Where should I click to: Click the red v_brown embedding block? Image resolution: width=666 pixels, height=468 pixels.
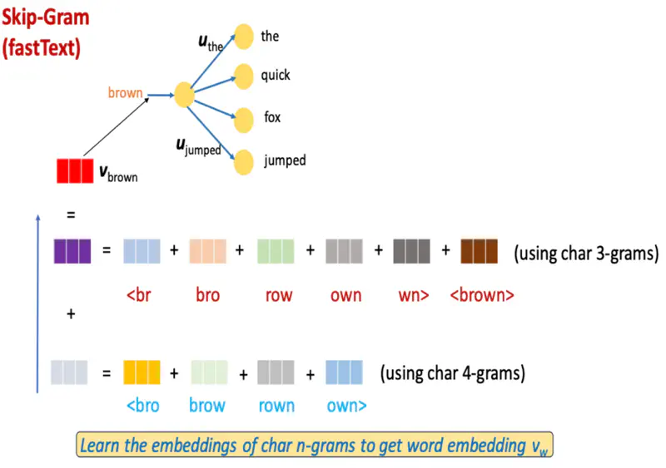pos(74,170)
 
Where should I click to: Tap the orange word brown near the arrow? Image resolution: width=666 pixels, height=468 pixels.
pos(126,93)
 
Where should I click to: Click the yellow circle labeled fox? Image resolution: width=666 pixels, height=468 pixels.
pos(243,118)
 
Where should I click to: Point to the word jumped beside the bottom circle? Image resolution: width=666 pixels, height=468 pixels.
pos(285,160)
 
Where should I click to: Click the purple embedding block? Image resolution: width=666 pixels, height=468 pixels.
pos(72,251)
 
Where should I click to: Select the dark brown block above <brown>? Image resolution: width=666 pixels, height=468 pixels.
pos(479,251)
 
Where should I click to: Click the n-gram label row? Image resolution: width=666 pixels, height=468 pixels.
pos(279,294)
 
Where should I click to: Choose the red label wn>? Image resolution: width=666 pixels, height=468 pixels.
pos(411,294)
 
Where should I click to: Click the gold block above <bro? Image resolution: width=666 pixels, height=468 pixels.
pos(142,372)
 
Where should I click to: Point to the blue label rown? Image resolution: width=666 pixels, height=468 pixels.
pos(276,406)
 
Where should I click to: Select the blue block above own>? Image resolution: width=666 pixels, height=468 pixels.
pos(344,372)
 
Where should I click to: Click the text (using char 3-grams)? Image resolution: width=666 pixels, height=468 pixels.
pos(585,253)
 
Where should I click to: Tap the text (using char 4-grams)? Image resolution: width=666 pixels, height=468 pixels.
pos(452,373)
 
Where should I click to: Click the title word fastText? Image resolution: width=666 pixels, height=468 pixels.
pos(42,48)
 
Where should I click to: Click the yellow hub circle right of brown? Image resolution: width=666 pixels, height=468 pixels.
pos(184,95)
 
